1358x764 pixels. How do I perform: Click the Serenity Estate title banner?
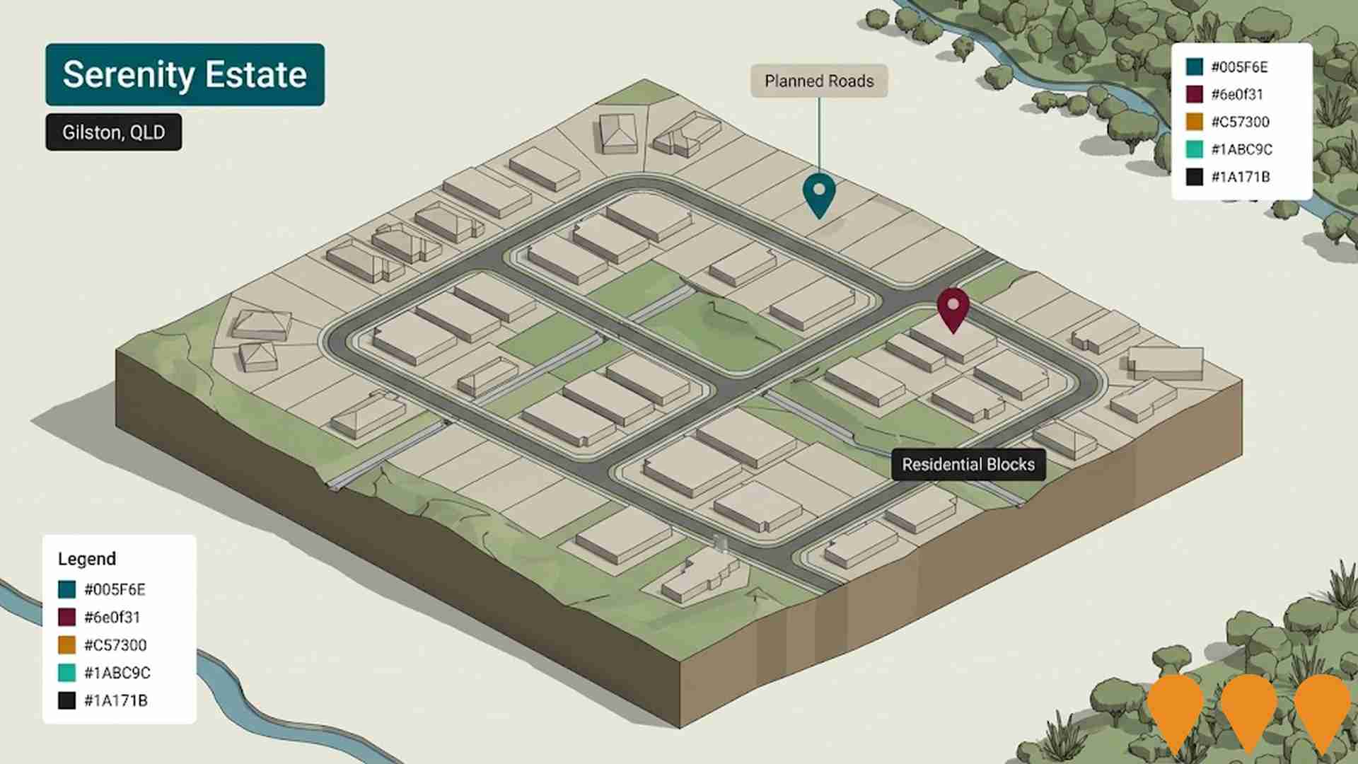click(x=185, y=75)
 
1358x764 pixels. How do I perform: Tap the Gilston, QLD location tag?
click(x=113, y=132)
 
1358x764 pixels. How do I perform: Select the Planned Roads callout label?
click(x=819, y=81)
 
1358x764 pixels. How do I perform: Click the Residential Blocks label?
click(x=968, y=465)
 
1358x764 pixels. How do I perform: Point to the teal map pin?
click(x=819, y=192)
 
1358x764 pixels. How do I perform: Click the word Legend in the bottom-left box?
click(x=87, y=559)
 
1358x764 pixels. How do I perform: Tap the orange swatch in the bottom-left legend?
click(x=67, y=645)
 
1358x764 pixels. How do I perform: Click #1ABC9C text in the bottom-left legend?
click(x=117, y=673)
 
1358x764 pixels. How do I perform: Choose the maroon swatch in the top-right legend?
click(x=1195, y=94)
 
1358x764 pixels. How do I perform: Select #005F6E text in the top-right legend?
click(x=1239, y=67)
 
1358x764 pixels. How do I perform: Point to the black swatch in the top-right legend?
click(x=1195, y=177)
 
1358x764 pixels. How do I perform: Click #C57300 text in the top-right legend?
click(x=1240, y=122)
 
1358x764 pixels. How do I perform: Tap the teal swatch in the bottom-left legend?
click(x=67, y=589)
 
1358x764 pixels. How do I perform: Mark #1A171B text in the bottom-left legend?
click(x=116, y=700)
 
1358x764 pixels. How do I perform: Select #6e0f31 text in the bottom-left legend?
click(x=112, y=617)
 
